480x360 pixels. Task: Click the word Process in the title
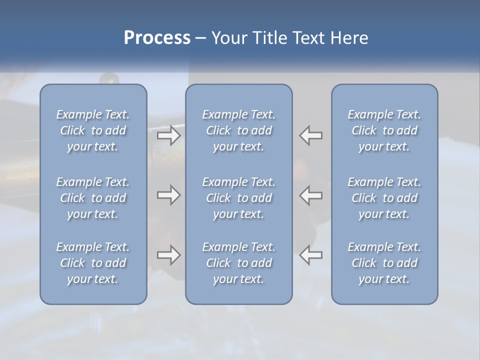pyautogui.click(x=157, y=38)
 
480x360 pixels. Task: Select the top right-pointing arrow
pyautogui.click(x=169, y=135)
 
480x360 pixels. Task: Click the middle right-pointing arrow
pyautogui.click(x=169, y=195)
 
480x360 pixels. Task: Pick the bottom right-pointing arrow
pyautogui.click(x=169, y=255)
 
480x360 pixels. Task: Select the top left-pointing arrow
pyautogui.click(x=311, y=135)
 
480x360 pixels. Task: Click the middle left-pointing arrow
pyautogui.click(x=311, y=195)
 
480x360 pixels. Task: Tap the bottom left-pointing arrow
pyautogui.click(x=311, y=255)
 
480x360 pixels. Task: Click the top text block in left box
pyautogui.click(x=93, y=130)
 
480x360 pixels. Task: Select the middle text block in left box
pyautogui.click(x=93, y=198)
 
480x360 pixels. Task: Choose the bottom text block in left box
pyautogui.click(x=93, y=263)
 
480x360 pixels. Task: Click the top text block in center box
pyautogui.click(x=239, y=130)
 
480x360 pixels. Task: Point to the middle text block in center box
pyautogui.click(x=239, y=198)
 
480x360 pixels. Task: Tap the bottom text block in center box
pyautogui.click(x=239, y=263)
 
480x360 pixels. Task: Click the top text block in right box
pyautogui.click(x=384, y=130)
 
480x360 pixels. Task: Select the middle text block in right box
pyautogui.click(x=384, y=198)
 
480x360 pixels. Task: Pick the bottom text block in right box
pyautogui.click(x=384, y=263)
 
